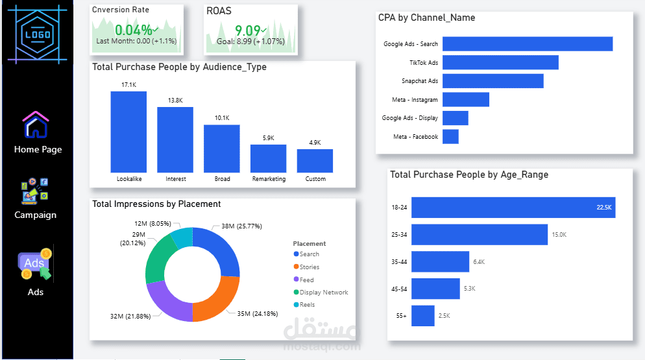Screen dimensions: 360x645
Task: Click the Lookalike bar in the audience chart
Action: click(x=128, y=131)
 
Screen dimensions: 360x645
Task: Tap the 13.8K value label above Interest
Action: click(x=175, y=101)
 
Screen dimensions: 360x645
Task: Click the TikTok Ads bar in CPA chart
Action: click(x=500, y=62)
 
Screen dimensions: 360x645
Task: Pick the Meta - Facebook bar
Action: click(x=450, y=137)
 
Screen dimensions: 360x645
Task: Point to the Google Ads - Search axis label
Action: click(x=411, y=44)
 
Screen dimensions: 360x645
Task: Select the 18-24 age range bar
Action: click(x=513, y=208)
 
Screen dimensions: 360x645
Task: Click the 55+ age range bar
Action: click(x=423, y=316)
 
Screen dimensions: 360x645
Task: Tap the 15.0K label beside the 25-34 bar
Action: click(x=559, y=235)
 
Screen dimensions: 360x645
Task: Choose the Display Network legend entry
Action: click(x=324, y=293)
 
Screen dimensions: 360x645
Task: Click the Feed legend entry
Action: click(x=306, y=280)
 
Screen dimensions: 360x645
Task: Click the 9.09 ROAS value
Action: click(x=247, y=30)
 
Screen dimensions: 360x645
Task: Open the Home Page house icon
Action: click(x=36, y=125)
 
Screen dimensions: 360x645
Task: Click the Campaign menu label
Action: click(x=36, y=215)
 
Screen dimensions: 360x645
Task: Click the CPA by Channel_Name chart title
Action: click(x=426, y=18)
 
